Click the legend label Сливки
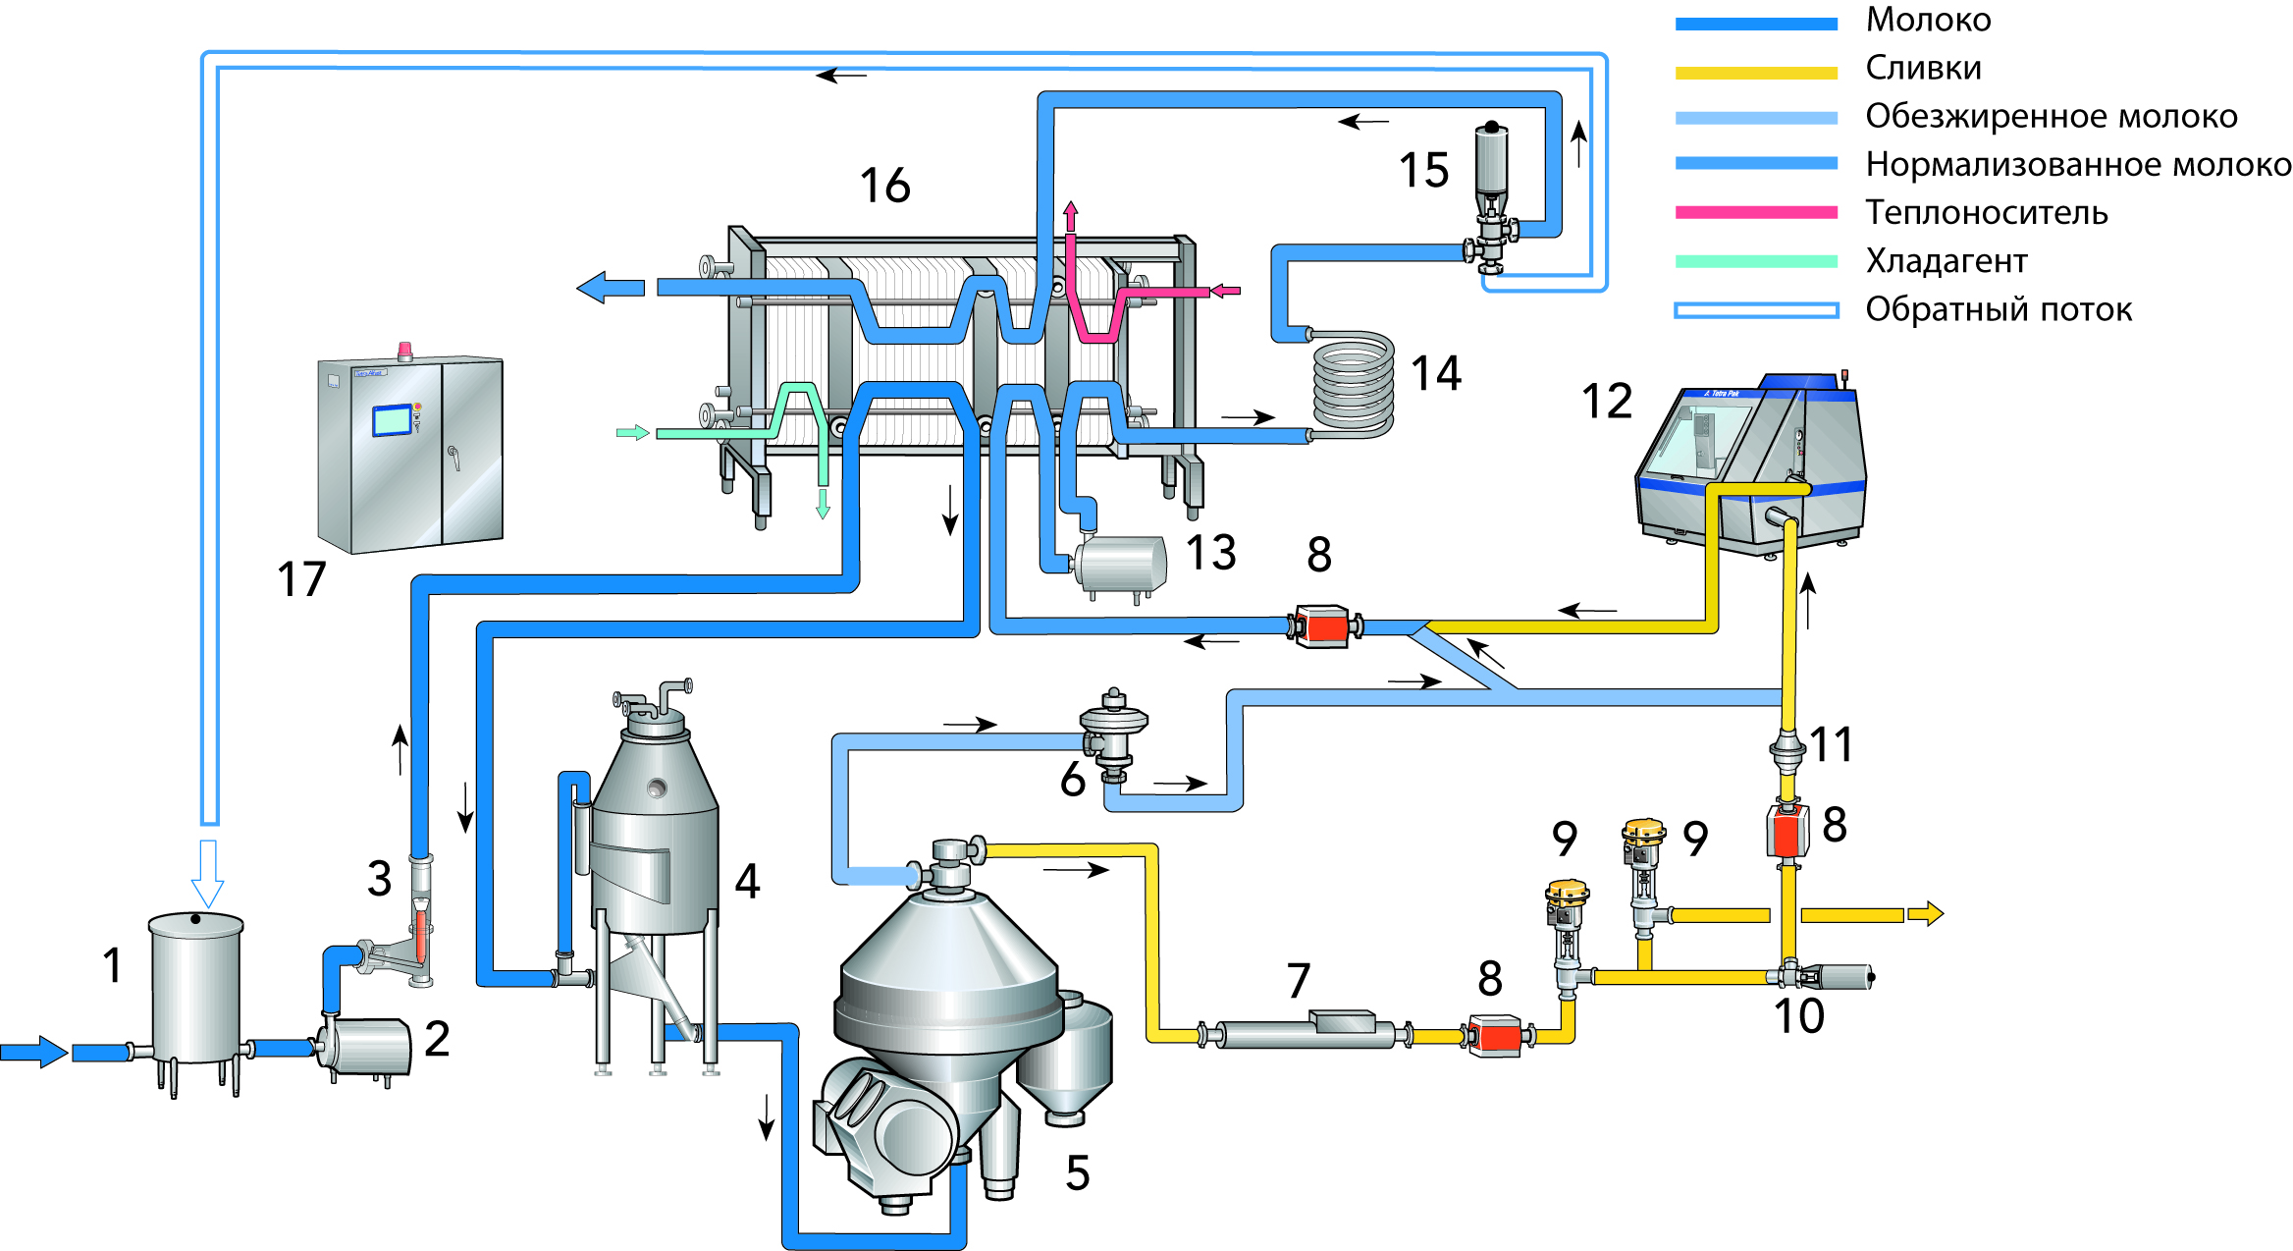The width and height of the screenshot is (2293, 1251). pyautogui.click(x=1922, y=68)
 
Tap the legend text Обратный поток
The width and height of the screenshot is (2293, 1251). pyautogui.click(x=1998, y=309)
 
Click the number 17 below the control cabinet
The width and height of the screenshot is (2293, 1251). pyautogui.click(x=300, y=579)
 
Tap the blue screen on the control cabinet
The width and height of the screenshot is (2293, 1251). pyautogui.click(x=392, y=420)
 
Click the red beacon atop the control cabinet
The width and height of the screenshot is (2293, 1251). pyautogui.click(x=404, y=350)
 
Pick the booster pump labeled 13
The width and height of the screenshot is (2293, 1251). pyautogui.click(x=1122, y=565)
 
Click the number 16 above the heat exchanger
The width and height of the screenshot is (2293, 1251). pyautogui.click(x=884, y=186)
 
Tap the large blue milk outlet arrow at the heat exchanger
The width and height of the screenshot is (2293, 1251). pyautogui.click(x=610, y=288)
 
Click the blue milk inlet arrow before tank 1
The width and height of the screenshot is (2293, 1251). pyautogui.click(x=35, y=1052)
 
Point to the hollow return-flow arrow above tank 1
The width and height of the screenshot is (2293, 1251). pyautogui.click(x=207, y=873)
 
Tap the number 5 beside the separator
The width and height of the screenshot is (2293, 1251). pyautogui.click(x=1077, y=1173)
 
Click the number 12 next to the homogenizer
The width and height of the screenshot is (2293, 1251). pyautogui.click(x=1606, y=401)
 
